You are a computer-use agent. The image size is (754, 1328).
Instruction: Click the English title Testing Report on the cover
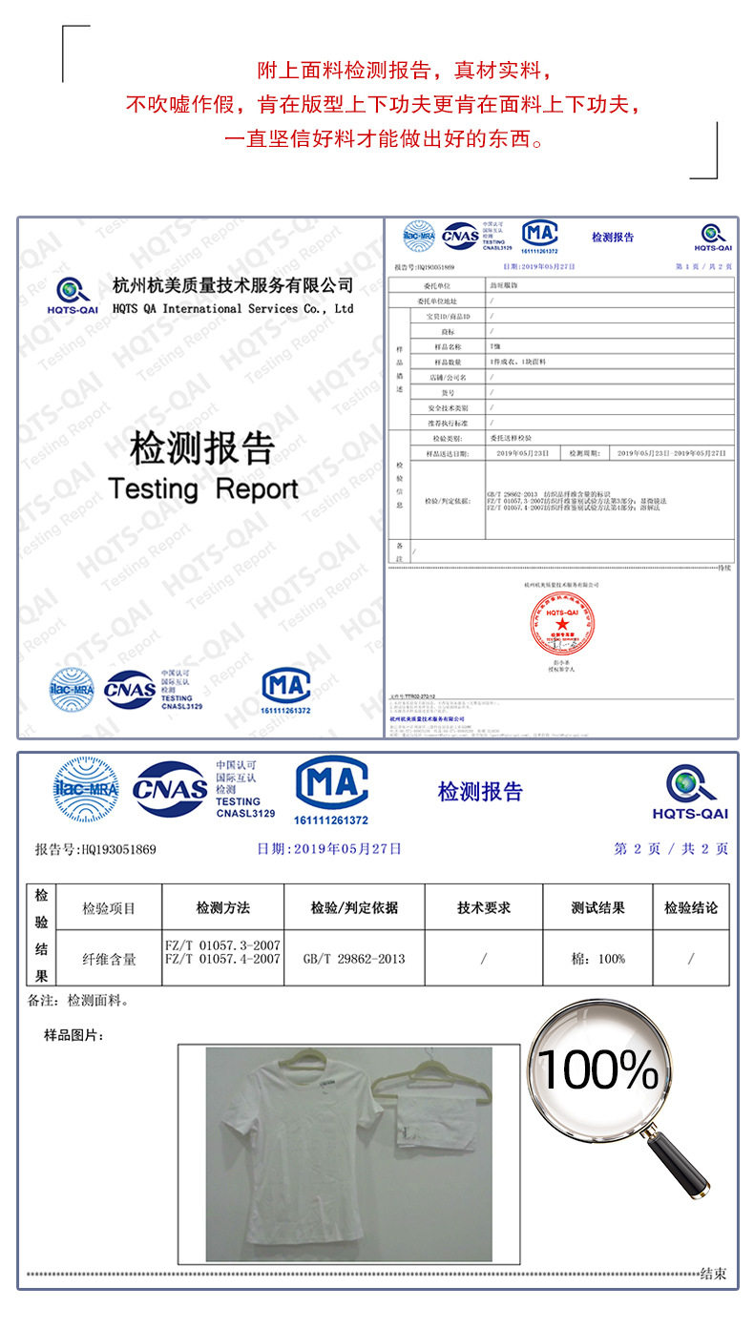203,489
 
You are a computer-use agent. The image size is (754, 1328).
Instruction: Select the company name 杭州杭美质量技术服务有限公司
233,285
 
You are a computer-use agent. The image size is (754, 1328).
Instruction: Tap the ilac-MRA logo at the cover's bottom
72,688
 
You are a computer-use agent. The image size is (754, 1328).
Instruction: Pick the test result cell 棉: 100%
597,958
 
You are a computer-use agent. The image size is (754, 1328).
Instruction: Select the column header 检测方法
223,907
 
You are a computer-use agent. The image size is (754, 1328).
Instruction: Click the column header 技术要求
484,907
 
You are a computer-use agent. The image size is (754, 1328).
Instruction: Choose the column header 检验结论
690,907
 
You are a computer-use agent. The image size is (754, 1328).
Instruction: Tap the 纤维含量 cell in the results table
109,958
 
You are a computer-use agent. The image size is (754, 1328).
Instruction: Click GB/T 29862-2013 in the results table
353,958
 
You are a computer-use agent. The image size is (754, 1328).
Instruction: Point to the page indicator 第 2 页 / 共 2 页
670,848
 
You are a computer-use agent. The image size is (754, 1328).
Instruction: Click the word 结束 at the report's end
712,1274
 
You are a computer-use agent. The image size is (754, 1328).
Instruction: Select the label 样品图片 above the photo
73,1035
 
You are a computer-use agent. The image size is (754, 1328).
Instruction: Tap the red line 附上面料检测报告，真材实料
405,72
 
